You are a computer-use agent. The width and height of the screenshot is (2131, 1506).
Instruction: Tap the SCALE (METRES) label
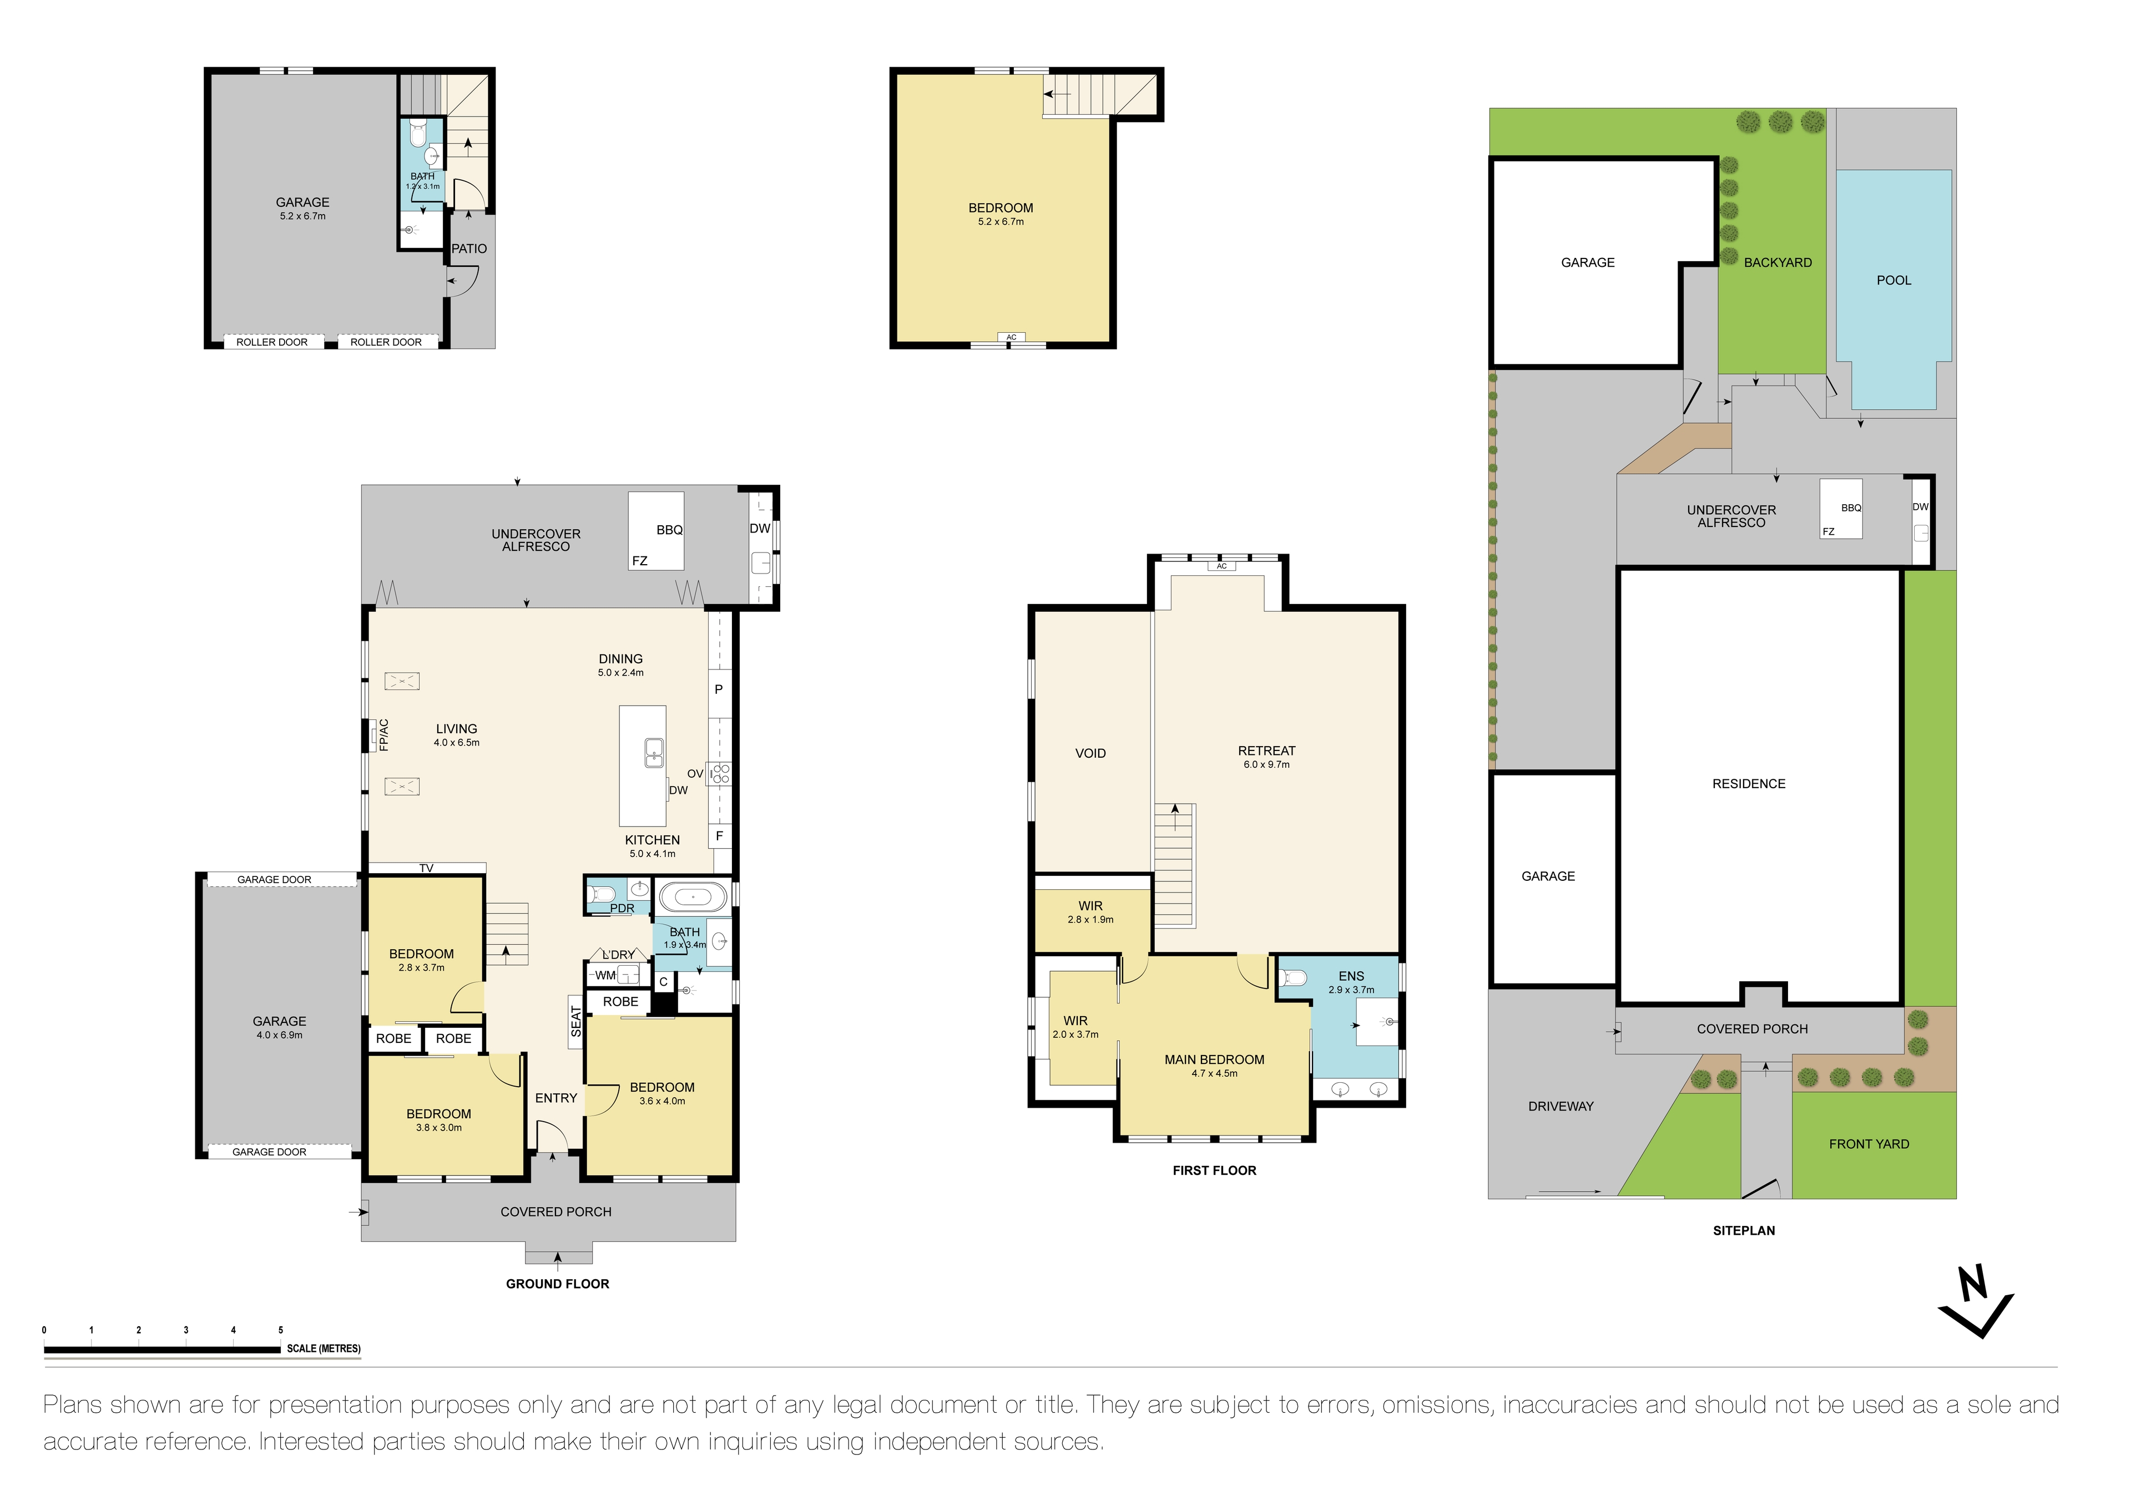point(323,1348)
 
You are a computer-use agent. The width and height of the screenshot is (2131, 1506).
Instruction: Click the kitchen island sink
point(654,753)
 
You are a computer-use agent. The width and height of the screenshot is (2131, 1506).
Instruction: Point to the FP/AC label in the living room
point(383,735)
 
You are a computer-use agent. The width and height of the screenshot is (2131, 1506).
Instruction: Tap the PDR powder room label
point(622,909)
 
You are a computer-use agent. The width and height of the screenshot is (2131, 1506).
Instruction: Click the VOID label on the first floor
point(1090,753)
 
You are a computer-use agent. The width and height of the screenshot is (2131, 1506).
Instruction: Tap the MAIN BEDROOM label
point(1214,1059)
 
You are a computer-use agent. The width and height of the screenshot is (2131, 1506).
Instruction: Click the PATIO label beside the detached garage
point(469,249)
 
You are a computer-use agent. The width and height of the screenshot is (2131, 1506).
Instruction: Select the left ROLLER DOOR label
point(272,342)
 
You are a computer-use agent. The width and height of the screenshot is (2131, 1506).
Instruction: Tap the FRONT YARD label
point(1869,1144)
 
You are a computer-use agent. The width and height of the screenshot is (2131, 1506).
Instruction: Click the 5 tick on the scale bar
point(280,1331)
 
